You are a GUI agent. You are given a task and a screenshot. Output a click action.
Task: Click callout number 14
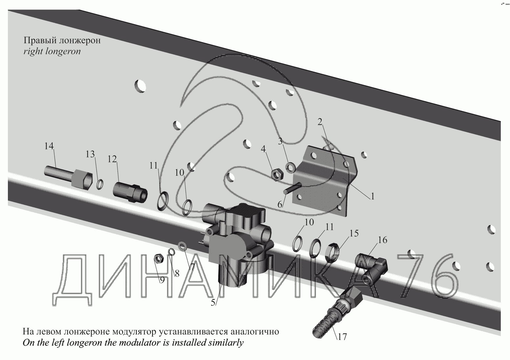[x=49, y=146]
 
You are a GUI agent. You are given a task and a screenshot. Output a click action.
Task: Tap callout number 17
[x=342, y=337]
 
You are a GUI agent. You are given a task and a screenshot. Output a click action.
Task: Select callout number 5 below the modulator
[x=213, y=303]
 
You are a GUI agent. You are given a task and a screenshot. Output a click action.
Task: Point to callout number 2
[x=320, y=122]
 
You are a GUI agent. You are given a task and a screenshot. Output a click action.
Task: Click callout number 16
[x=382, y=240]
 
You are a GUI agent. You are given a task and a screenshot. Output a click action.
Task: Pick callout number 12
[x=112, y=159]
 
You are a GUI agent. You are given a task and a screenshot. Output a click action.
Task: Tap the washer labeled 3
[x=290, y=168]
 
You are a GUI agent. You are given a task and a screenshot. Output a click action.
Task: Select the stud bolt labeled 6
[x=292, y=189]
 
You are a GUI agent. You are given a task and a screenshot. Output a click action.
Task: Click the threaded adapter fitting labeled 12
[x=130, y=191]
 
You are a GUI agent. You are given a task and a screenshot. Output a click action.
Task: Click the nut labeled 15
[x=332, y=252]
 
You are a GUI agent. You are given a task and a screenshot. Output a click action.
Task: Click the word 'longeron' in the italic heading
[x=63, y=51]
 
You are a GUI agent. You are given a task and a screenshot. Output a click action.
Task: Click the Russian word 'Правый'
[x=40, y=40]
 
